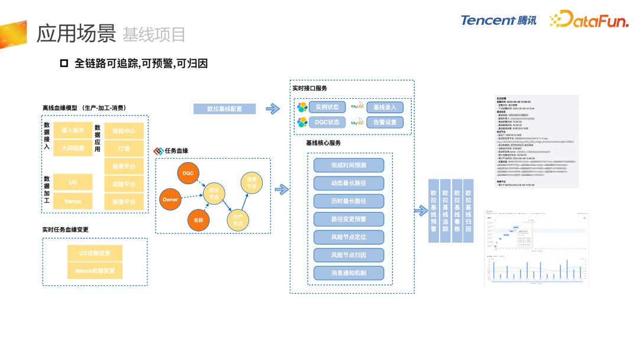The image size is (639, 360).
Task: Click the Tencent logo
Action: pos(499,20)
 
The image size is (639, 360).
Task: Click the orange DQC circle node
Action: pos(188,173)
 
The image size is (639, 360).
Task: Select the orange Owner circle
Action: pos(170,200)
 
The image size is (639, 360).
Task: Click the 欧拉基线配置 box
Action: pos(224,109)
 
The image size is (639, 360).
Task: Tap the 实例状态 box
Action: pos(327,107)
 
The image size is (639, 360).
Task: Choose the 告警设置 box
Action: pos(385,122)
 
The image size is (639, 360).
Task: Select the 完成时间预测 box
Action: pos(348,165)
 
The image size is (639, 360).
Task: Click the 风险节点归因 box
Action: pos(348,255)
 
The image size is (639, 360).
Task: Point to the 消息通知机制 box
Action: pos(348,274)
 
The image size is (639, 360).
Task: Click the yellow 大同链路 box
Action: pos(73,147)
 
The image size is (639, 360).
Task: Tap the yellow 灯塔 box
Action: pos(124,149)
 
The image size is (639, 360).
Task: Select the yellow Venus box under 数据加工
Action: pos(73,201)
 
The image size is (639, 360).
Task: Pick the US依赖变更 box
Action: pos(95,253)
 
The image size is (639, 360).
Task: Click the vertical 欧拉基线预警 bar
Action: pos(434,210)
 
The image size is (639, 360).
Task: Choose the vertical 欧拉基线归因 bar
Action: pos(468,210)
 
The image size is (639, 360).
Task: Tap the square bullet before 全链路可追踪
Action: pos(64,63)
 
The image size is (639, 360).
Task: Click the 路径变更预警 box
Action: pos(348,219)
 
